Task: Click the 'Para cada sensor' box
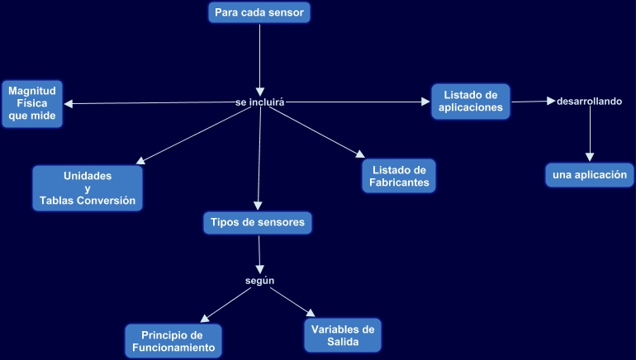(x=260, y=12)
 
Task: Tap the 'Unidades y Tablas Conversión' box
(x=88, y=188)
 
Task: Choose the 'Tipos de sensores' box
(x=258, y=222)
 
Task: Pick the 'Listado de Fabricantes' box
(x=398, y=176)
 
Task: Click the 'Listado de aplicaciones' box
(x=470, y=101)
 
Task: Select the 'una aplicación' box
(x=590, y=175)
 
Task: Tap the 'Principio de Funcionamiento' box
(x=173, y=341)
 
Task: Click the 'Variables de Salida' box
(x=343, y=335)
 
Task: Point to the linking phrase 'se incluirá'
(x=260, y=102)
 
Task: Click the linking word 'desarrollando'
(x=589, y=102)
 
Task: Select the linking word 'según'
(x=259, y=281)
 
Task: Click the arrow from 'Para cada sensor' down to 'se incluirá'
(x=260, y=58)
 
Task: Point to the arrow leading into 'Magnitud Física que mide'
(x=149, y=103)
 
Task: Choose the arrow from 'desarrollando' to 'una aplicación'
(x=590, y=132)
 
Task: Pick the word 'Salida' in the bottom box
(x=343, y=342)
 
